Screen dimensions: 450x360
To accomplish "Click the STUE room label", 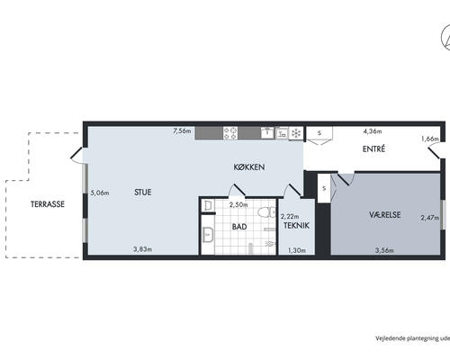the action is (143, 193).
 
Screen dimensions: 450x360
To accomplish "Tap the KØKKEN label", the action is (249, 167).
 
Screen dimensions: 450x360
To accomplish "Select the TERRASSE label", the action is (48, 204).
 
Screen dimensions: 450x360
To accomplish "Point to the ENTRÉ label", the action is (373, 149).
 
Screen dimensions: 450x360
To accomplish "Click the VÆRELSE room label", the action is (384, 215).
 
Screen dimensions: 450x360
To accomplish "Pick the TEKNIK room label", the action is (296, 226).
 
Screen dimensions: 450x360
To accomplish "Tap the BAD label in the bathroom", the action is (239, 227).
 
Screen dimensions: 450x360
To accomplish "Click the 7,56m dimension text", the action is (182, 131).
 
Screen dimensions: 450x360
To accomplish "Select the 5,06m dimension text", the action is (100, 193).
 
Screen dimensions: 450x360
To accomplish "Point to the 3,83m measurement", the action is (142, 249).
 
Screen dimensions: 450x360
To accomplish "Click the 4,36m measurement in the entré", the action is (373, 131).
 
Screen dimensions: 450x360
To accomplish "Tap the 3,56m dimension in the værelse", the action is (384, 250).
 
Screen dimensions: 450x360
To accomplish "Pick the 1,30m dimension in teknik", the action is (297, 250).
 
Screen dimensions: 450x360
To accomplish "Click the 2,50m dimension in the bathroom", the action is (238, 205).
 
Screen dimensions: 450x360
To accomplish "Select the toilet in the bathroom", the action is (266, 212).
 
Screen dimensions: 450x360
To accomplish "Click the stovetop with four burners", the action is (230, 133).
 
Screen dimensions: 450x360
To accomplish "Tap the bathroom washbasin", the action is (208, 235).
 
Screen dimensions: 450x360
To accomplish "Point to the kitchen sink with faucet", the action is (267, 132).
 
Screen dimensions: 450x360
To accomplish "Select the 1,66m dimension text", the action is (430, 139).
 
